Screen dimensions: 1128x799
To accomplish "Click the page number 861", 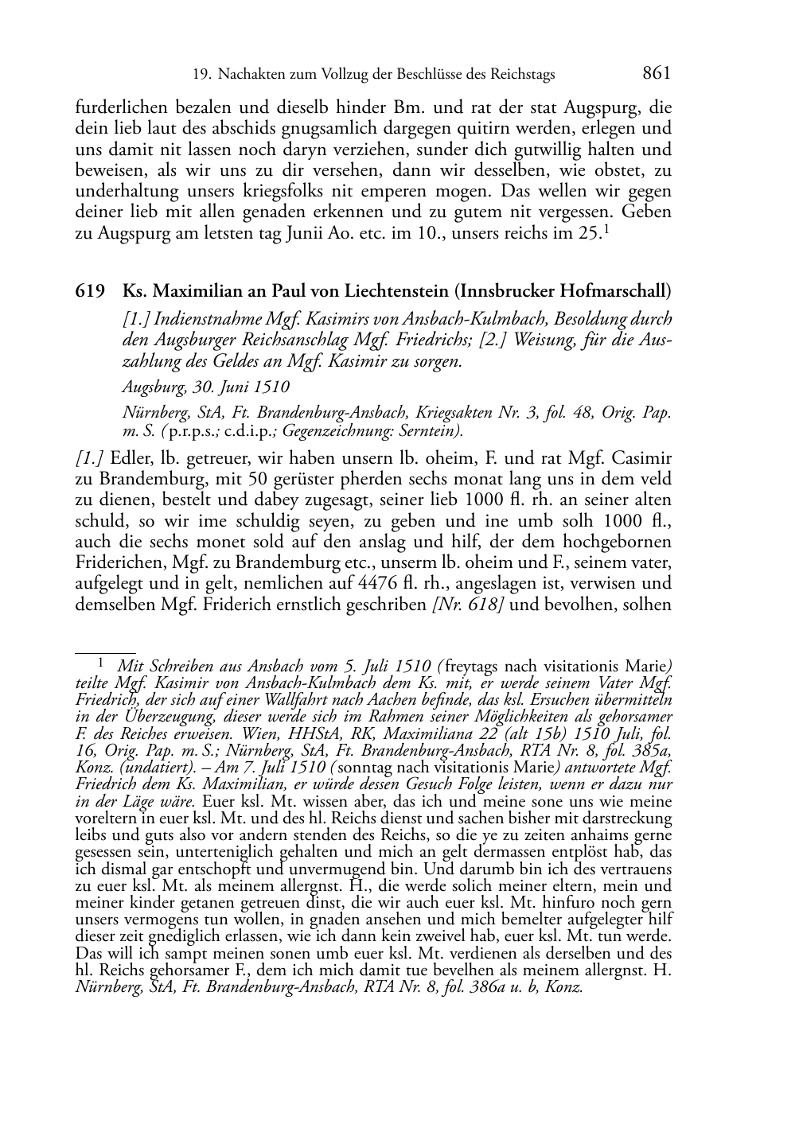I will coord(657,73).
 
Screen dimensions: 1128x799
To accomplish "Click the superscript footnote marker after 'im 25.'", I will coord(606,230).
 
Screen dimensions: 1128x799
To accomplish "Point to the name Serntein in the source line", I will coord(429,431).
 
